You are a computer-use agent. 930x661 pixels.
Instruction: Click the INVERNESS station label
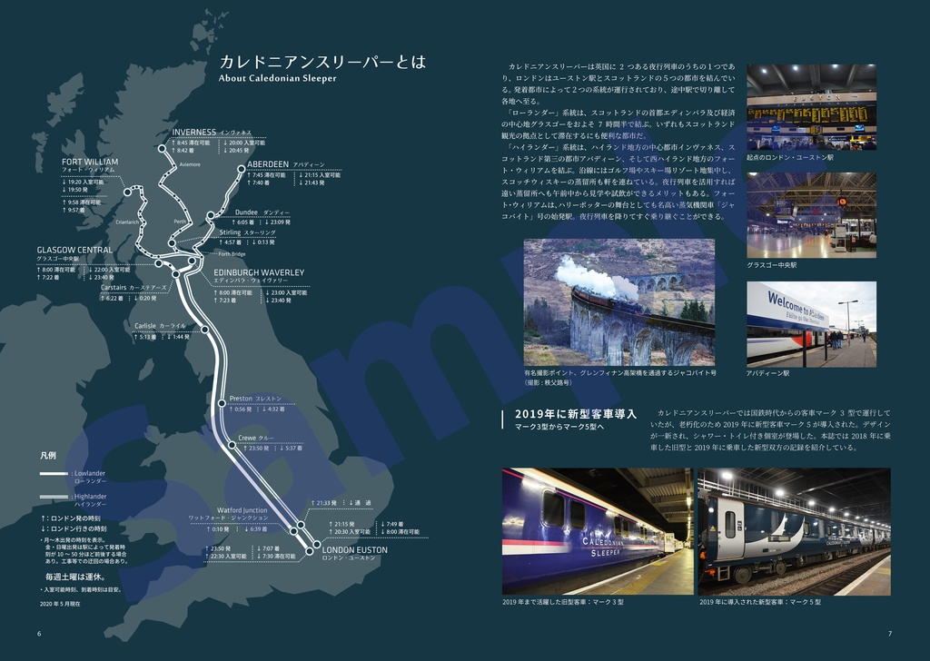click(194, 133)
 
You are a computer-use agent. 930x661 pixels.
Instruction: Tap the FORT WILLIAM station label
click(89, 163)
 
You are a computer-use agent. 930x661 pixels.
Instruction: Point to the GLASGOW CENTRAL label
click(74, 251)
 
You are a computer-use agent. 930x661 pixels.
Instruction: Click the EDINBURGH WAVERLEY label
click(259, 272)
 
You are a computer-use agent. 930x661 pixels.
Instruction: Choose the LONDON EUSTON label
click(355, 550)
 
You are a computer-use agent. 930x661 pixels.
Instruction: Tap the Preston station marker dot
click(222, 401)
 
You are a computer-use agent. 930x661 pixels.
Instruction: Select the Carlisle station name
click(145, 325)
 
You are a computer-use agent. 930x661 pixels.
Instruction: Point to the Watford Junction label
click(242, 510)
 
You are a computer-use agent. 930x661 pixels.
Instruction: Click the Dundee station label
click(246, 212)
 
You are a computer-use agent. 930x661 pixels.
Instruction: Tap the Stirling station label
click(230, 232)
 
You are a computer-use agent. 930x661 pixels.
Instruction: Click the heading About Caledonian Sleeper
click(278, 78)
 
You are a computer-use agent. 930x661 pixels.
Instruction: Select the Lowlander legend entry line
click(54, 474)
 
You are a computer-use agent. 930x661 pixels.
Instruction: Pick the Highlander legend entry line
click(54, 497)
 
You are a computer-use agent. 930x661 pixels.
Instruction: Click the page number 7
click(890, 633)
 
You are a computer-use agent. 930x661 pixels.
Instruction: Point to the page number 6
click(39, 633)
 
